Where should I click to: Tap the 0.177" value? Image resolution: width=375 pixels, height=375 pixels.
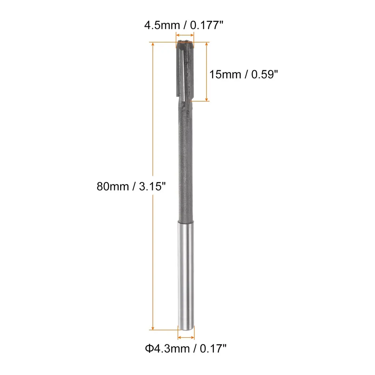(207, 25)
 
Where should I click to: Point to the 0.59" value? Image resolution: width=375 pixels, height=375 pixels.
(264, 74)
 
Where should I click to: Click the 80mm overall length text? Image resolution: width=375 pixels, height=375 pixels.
(113, 186)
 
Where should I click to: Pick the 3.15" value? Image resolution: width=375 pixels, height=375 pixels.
(152, 186)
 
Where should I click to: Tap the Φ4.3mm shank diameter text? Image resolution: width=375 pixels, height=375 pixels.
(167, 349)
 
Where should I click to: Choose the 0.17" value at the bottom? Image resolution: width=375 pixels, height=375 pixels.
(213, 349)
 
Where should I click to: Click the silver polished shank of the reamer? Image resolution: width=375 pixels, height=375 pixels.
(186, 275)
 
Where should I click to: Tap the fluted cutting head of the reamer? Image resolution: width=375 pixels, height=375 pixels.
(185, 69)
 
